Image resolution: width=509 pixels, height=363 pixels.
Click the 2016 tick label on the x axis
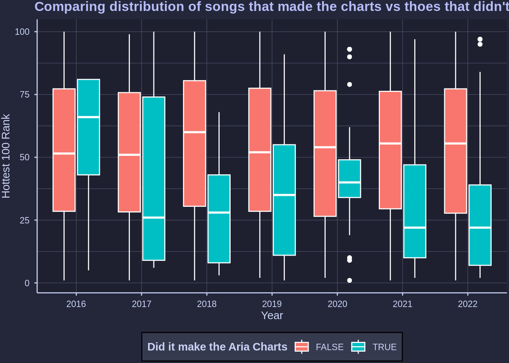[76, 304]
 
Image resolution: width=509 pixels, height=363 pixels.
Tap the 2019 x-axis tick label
[272, 304]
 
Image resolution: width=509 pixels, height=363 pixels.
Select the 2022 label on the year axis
[468, 304]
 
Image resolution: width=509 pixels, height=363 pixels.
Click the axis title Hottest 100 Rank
[6, 156]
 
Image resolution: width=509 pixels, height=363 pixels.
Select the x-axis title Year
[272, 315]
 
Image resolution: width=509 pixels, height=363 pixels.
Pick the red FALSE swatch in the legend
[302, 347]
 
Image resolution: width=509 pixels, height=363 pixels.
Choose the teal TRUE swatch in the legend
[358, 347]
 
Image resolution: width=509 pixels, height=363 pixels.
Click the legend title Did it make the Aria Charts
[217, 347]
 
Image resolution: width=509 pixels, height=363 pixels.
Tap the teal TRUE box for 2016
[89, 144]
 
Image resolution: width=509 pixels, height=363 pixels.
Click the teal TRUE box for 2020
[350, 174]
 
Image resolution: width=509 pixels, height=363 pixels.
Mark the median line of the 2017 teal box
[154, 217]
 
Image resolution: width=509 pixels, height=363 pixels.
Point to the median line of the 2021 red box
[390, 143]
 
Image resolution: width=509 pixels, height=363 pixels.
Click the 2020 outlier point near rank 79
[350, 84]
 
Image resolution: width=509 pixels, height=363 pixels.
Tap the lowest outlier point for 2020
[350, 280]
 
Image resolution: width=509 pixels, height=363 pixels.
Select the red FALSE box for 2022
[456, 178]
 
